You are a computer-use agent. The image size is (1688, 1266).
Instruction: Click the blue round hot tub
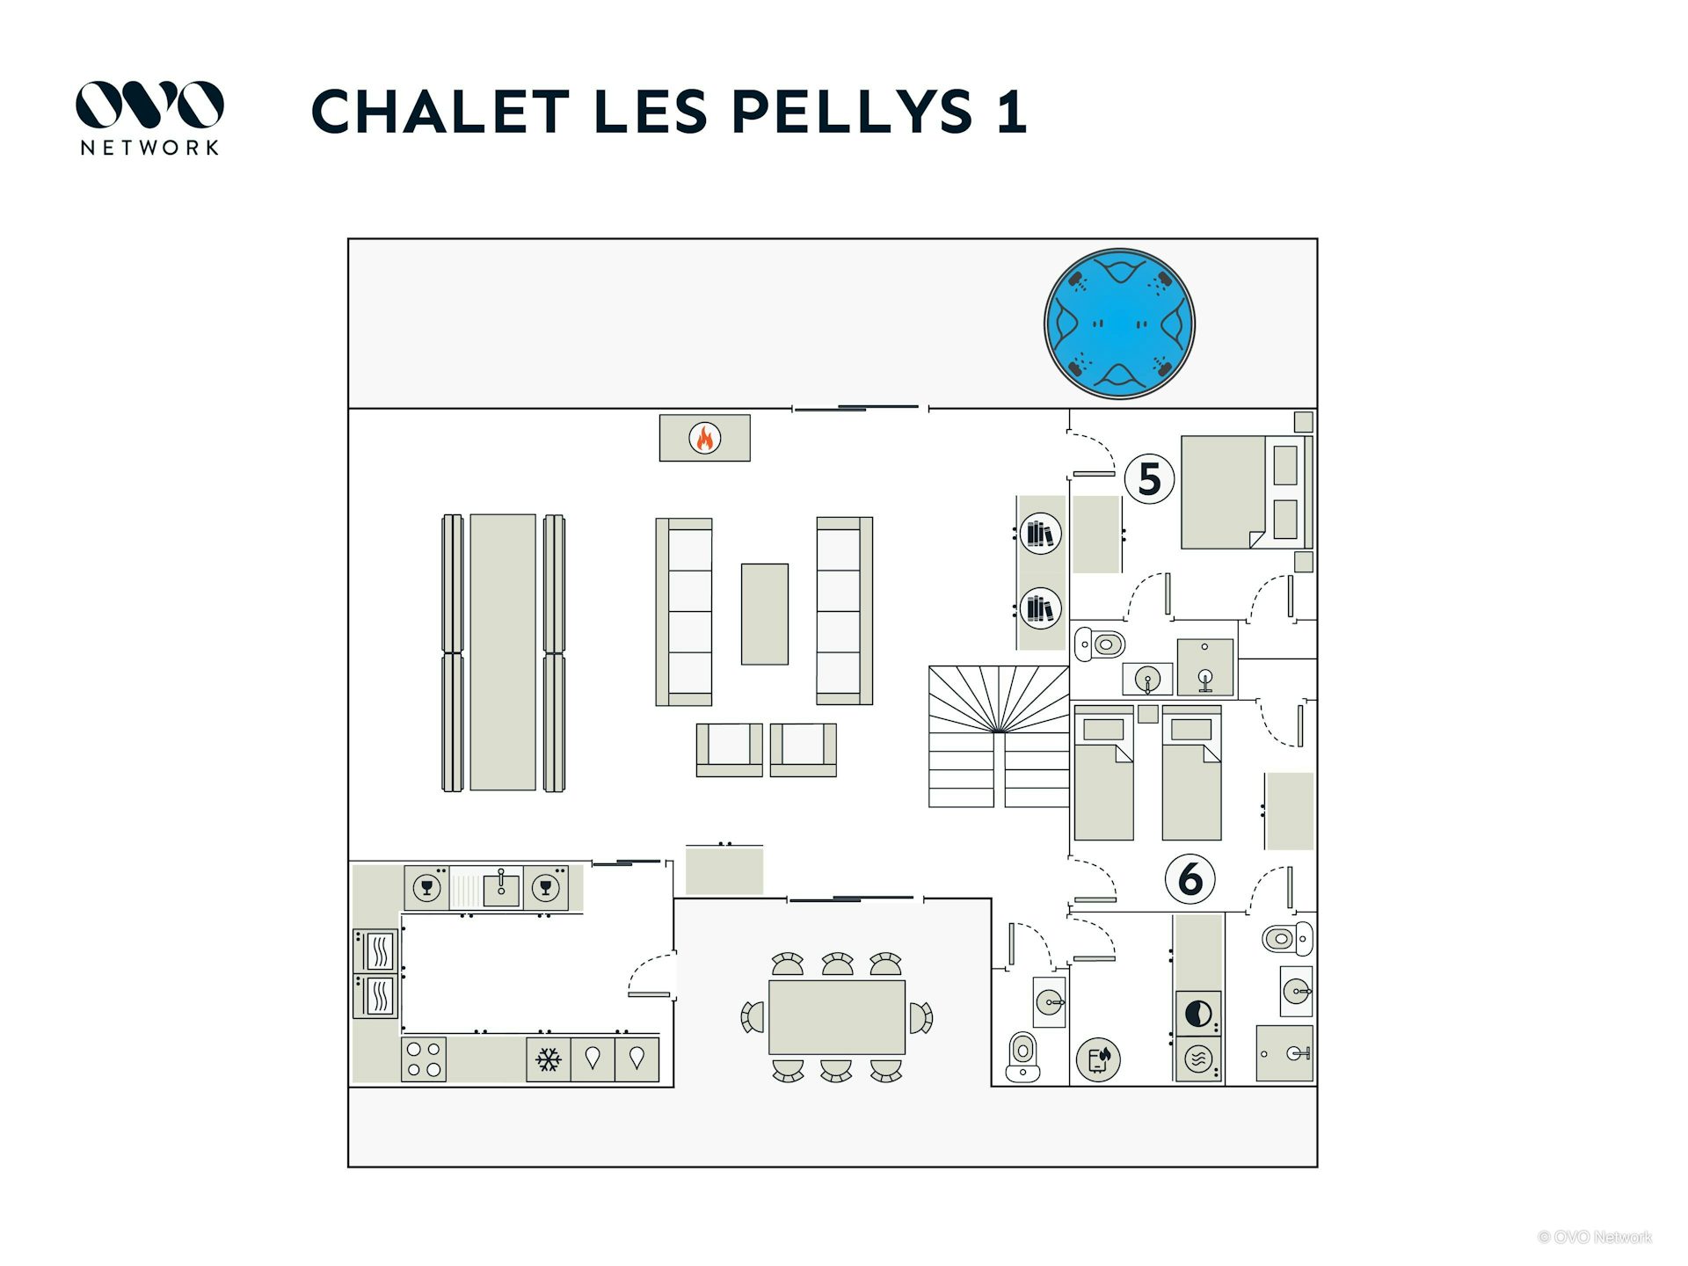[1119, 324]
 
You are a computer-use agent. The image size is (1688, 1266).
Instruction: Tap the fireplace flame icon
[705, 438]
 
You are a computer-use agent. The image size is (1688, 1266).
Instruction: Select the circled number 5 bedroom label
[1149, 479]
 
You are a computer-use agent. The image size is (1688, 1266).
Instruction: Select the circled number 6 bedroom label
[1190, 878]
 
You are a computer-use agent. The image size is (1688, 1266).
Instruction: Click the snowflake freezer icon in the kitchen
[549, 1059]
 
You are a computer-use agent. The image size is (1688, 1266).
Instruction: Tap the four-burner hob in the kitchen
[424, 1059]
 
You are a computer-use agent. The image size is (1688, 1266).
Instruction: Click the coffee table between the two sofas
[765, 614]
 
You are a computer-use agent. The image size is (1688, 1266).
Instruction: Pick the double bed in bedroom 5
[1247, 492]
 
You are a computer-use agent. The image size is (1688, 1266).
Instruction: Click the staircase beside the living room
[999, 737]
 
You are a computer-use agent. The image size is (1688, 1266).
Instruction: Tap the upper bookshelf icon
[1040, 533]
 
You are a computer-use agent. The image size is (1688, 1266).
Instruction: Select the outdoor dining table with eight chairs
[837, 1016]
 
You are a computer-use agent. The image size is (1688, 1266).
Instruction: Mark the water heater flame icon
[1098, 1059]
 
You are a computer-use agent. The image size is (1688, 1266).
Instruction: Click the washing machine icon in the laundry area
[1197, 1059]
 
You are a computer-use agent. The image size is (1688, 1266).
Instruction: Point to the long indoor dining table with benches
[503, 652]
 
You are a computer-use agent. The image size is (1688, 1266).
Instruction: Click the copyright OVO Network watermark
[1595, 1237]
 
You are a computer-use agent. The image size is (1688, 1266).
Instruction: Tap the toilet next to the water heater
[1022, 1056]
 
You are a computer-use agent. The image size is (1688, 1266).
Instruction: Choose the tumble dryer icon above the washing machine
[1197, 1014]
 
